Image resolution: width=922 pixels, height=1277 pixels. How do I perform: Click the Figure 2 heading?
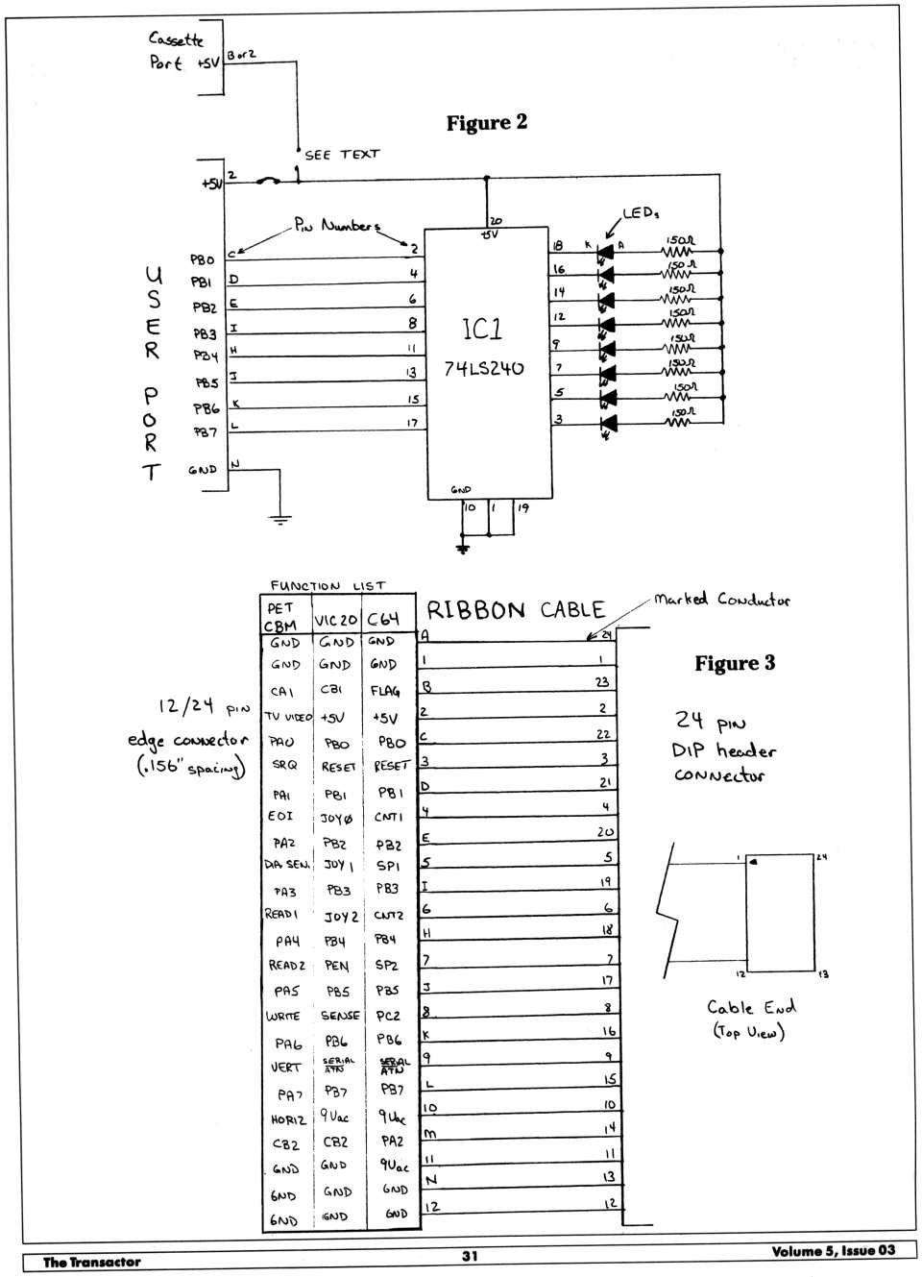click(x=486, y=123)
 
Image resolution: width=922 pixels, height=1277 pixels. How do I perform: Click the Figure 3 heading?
click(x=734, y=663)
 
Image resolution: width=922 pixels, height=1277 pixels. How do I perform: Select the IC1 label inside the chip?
click(x=482, y=330)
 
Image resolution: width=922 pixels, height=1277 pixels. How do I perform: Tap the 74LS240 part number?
click(x=484, y=369)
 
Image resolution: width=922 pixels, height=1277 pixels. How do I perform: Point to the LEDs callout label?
click(x=641, y=213)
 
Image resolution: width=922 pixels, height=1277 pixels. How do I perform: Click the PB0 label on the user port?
click(x=203, y=259)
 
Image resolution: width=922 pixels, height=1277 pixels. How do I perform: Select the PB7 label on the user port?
click(x=206, y=432)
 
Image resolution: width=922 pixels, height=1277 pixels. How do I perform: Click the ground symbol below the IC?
click(x=464, y=548)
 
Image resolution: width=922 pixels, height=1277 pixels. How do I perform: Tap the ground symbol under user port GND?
click(x=279, y=520)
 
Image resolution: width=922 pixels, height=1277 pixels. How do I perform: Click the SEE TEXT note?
click(x=342, y=155)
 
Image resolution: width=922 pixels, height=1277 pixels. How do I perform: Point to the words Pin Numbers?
click(x=336, y=227)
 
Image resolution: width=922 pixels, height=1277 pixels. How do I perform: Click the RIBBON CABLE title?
click(x=516, y=610)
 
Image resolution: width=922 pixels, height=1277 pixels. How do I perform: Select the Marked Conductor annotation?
click(x=722, y=600)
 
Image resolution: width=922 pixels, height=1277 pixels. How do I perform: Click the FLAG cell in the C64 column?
click(x=384, y=691)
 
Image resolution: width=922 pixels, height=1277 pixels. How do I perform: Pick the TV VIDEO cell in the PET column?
click(x=286, y=717)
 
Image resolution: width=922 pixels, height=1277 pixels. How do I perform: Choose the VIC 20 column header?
click(x=335, y=621)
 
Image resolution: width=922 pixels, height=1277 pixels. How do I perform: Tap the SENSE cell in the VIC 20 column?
click(x=340, y=1015)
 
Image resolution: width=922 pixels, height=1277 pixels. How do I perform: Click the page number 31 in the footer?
click(x=470, y=1255)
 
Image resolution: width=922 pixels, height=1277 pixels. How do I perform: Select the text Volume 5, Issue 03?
click(x=833, y=1250)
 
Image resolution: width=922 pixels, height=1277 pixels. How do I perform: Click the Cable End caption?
click(x=751, y=1008)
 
